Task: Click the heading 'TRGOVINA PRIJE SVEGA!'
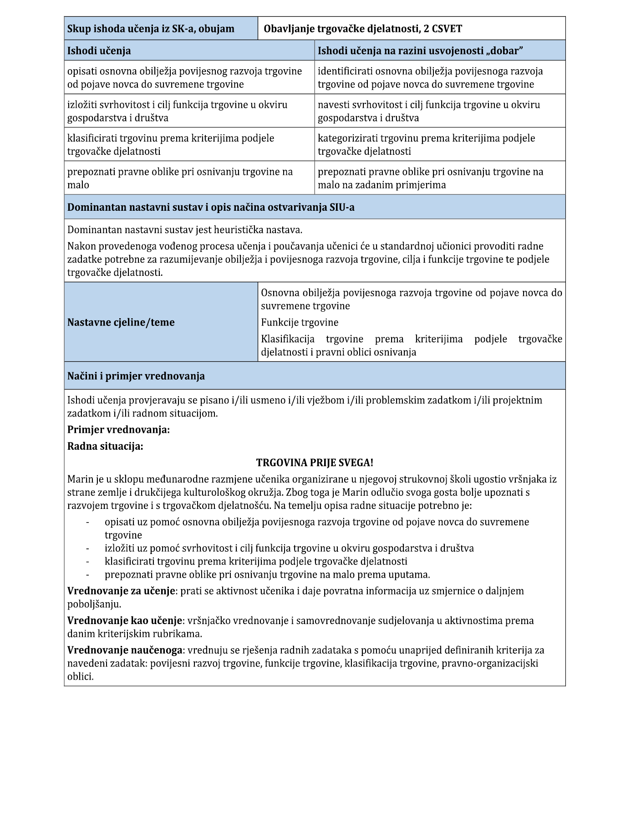point(315,462)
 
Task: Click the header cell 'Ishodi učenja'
point(99,51)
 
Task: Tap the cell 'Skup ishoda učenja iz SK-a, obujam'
point(151,29)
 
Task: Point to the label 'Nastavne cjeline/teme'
point(121,322)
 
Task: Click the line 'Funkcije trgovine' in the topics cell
point(300,322)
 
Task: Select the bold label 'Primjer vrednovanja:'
point(118,429)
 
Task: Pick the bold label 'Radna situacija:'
point(105,446)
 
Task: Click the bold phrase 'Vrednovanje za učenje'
point(121,591)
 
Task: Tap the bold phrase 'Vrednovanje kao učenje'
point(125,620)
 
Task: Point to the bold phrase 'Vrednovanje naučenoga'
point(125,650)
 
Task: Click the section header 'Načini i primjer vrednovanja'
point(136,376)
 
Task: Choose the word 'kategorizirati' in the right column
point(347,138)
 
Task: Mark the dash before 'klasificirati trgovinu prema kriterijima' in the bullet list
point(87,562)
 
